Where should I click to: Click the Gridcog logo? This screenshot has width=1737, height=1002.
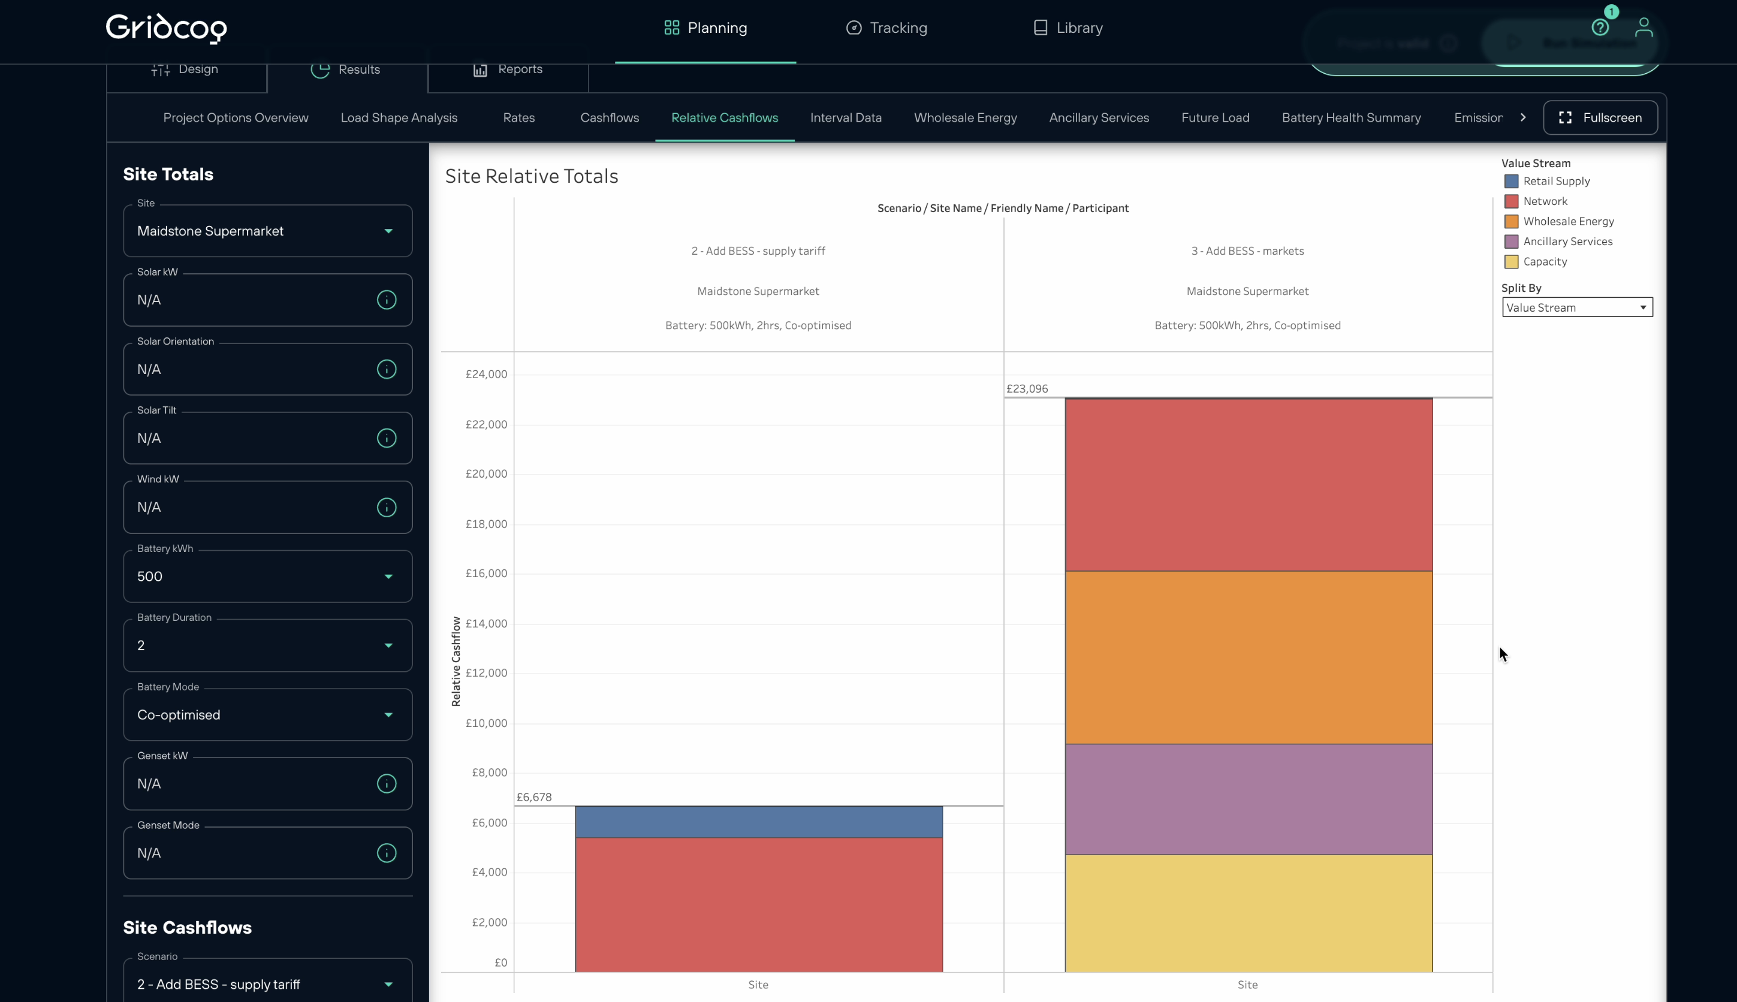click(x=166, y=28)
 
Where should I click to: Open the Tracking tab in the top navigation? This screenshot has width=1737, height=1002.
click(x=886, y=28)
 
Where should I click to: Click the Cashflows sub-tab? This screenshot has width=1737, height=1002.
click(x=609, y=117)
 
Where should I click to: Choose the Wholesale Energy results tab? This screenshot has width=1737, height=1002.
click(x=965, y=117)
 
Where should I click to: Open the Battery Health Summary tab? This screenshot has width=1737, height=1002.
click(x=1350, y=117)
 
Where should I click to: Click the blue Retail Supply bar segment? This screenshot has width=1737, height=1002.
click(x=758, y=822)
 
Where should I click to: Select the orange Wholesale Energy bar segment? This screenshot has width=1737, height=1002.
click(x=1248, y=657)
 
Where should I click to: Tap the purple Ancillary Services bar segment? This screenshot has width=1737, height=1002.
click(x=1248, y=799)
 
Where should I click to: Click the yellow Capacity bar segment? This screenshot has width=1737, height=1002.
click(x=1248, y=913)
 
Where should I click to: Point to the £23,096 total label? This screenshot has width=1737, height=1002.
click(x=1027, y=389)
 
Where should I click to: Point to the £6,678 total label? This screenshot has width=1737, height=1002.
click(x=534, y=797)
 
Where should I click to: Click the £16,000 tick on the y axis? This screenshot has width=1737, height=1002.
click(x=486, y=574)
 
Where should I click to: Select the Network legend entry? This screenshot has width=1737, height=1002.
click(x=1545, y=201)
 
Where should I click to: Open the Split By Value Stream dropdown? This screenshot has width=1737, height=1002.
click(x=1576, y=307)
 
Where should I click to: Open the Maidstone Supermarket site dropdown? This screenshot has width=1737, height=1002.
click(x=267, y=231)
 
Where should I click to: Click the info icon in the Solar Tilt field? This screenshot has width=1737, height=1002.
click(x=386, y=439)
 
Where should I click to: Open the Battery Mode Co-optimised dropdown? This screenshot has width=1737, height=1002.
click(x=267, y=714)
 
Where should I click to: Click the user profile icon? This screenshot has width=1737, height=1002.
click(x=1643, y=28)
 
